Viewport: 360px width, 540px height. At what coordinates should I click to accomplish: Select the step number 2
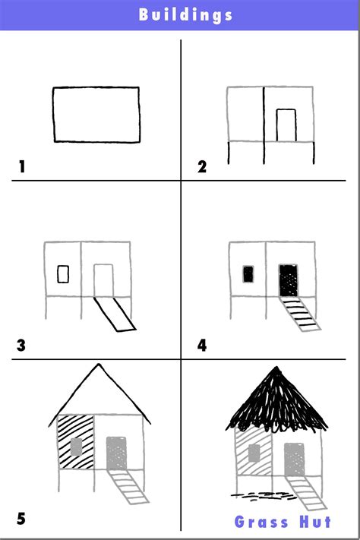[202, 167]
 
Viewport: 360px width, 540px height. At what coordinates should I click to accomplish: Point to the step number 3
[21, 346]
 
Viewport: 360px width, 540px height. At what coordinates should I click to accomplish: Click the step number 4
[202, 346]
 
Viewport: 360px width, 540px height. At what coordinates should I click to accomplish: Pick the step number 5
[21, 519]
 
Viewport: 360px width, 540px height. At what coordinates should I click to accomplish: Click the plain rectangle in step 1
[96, 115]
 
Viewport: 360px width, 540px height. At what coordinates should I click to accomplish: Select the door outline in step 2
[286, 125]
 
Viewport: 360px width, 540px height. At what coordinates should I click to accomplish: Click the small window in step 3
[63, 273]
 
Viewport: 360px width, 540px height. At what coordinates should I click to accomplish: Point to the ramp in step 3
[114, 314]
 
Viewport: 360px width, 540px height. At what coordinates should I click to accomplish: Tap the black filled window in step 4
[248, 274]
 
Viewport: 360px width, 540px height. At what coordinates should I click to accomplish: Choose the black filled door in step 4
[289, 280]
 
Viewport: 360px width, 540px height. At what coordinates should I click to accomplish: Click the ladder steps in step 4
[302, 315]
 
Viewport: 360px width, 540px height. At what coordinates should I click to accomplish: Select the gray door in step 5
[116, 451]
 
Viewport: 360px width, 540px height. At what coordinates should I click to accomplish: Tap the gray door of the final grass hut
[294, 459]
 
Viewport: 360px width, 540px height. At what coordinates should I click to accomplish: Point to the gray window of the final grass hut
[254, 453]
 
